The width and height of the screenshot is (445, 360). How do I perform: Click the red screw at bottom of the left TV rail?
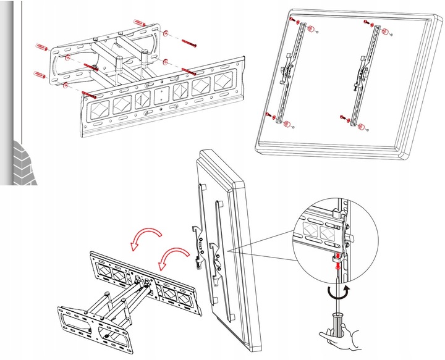(x=268, y=115)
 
